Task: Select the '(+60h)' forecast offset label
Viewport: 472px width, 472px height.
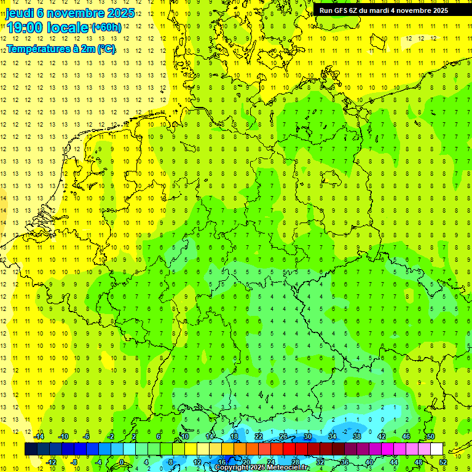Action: pos(106,28)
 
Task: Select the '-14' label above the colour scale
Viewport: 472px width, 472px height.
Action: pos(39,436)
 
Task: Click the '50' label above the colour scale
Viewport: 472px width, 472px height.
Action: pos(430,436)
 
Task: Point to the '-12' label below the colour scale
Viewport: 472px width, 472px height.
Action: pos(51,462)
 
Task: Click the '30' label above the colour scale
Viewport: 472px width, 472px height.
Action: pos(307,436)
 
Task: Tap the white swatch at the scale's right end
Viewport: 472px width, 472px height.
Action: pos(437,449)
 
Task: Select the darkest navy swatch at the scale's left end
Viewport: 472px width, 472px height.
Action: pos(31,449)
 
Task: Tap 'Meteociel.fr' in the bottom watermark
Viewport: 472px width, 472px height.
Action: pos(288,468)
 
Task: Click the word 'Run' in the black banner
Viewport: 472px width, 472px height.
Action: pos(326,10)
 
